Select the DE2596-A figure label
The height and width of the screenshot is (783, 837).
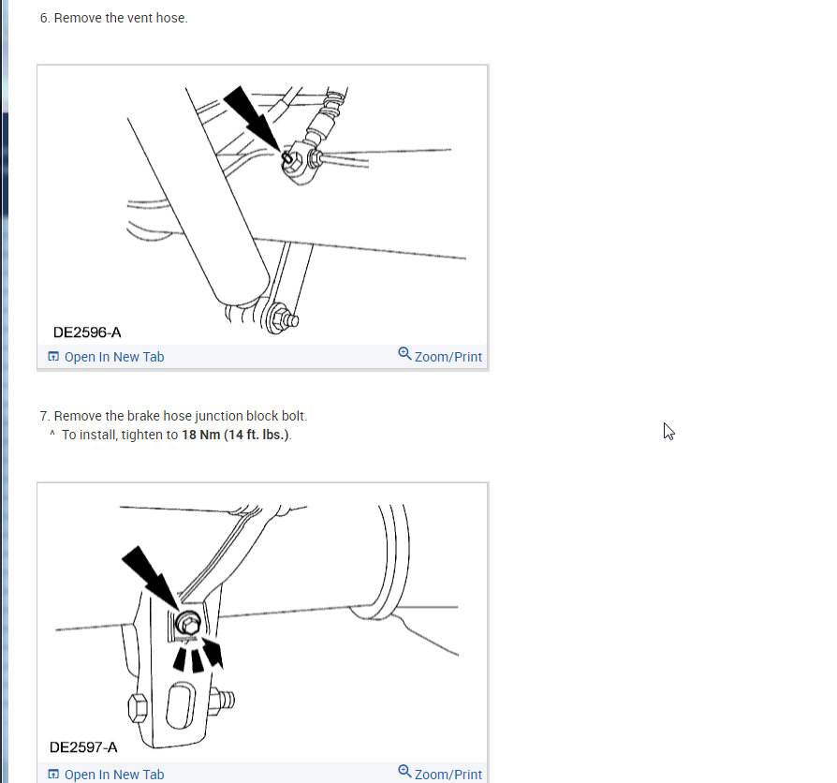point(87,332)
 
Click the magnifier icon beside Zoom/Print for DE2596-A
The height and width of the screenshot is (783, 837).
point(404,354)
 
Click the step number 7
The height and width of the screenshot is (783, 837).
point(44,416)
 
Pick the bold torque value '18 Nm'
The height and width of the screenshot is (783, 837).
point(201,436)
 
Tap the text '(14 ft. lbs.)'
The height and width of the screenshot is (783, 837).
point(257,436)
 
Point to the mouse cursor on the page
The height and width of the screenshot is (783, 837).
point(668,431)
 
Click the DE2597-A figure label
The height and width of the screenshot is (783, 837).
point(83,747)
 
